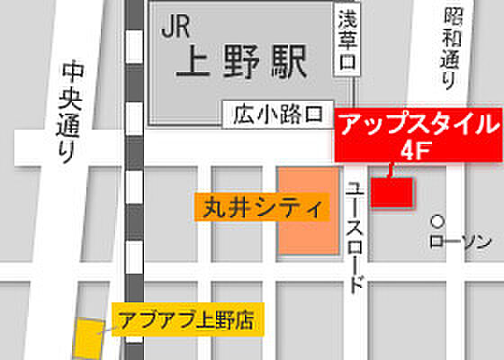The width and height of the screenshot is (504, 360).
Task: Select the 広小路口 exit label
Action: pyautogui.click(x=276, y=114)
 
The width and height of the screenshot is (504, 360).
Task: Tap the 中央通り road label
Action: pyautogui.click(x=68, y=112)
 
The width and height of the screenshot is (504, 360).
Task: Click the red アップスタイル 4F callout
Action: pyautogui.click(x=417, y=136)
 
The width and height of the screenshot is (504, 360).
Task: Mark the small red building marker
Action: pyautogui.click(x=392, y=192)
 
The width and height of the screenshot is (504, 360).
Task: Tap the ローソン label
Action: pyautogui.click(x=460, y=240)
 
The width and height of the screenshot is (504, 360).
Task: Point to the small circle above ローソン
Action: pyautogui.click(x=437, y=220)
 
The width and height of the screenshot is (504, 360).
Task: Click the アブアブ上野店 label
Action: pyautogui.click(x=186, y=319)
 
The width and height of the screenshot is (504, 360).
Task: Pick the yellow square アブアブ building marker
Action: pyautogui.click(x=88, y=337)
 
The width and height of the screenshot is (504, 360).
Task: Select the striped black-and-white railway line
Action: pyautogui.click(x=133, y=180)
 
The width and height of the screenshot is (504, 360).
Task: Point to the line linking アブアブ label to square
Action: pyautogui.click(x=107, y=328)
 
